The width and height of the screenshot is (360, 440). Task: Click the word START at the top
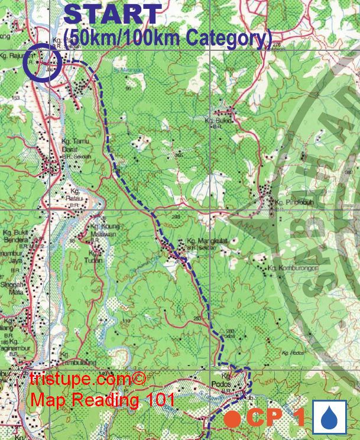(x=113, y=15)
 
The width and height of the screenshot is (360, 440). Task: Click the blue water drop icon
(x=329, y=418)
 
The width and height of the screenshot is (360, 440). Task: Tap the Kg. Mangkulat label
(x=204, y=241)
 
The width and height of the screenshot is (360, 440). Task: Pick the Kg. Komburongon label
(x=289, y=268)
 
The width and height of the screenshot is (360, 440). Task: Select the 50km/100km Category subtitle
(x=168, y=38)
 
